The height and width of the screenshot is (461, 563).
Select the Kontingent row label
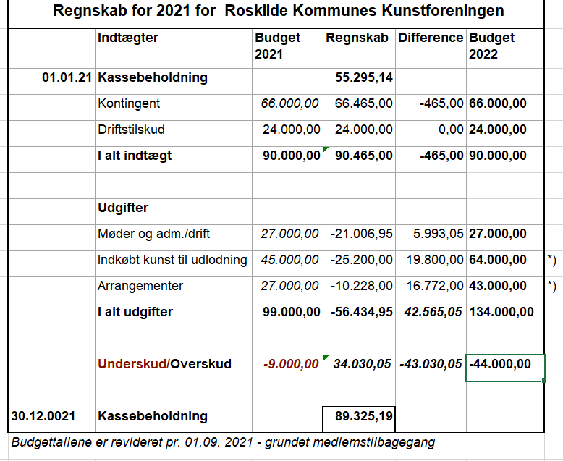[129, 103]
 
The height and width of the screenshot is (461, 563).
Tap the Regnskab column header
[357, 38]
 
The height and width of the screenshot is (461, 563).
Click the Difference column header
[430, 38]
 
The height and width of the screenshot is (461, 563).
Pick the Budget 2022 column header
[492, 46]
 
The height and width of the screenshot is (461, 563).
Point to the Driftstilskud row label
[131, 130]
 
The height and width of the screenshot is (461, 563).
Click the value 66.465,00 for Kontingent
[364, 103]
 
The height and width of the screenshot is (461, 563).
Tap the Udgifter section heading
[123, 208]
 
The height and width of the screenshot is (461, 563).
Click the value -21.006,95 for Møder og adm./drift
[362, 234]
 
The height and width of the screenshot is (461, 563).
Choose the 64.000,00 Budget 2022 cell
[498, 260]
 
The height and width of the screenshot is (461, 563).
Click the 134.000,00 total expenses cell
[501, 312]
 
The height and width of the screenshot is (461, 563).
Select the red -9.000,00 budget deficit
[291, 364]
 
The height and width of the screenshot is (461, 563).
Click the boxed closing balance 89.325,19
[364, 416]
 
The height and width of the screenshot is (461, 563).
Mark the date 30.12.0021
[43, 416]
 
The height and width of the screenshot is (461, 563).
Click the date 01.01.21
[67, 77]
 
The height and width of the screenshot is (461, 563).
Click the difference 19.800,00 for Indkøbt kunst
[434, 260]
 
